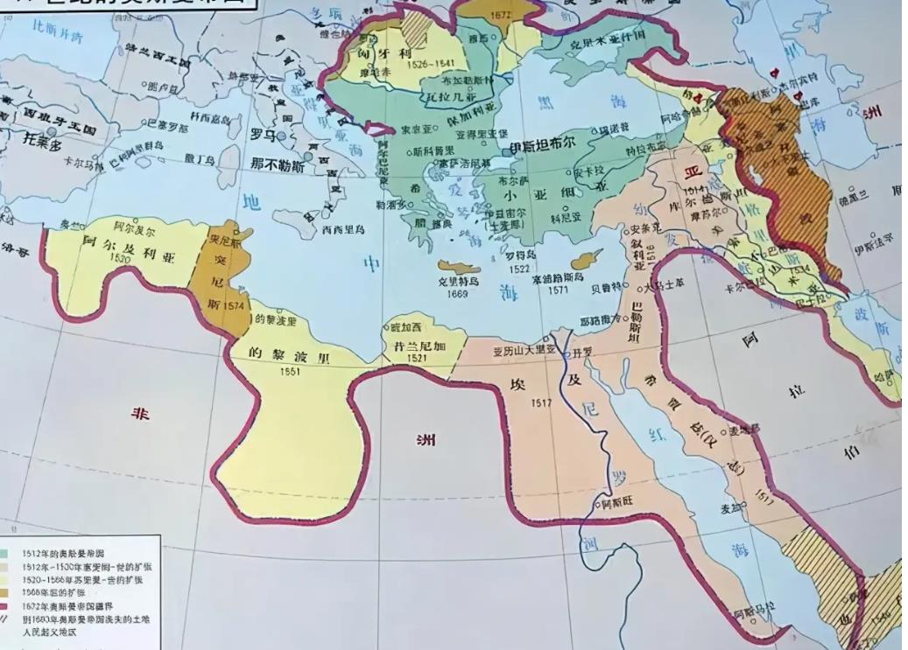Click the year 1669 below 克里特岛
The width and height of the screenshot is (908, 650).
pos(457,294)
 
